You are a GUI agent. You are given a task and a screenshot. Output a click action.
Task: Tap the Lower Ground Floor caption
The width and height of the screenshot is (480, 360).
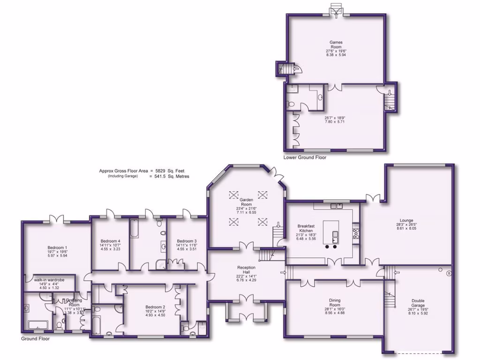[305, 157]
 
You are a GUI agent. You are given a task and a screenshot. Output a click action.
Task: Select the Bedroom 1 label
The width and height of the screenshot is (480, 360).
[57, 247]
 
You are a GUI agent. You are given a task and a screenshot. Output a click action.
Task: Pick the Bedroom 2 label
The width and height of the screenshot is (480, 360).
[155, 307]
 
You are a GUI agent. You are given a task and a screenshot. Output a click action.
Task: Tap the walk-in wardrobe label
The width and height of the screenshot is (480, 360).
[49, 280]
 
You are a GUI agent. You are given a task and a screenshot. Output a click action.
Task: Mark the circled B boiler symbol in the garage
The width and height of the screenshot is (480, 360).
[449, 273]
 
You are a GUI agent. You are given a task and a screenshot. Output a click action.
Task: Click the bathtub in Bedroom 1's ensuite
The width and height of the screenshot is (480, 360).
[36, 324]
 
